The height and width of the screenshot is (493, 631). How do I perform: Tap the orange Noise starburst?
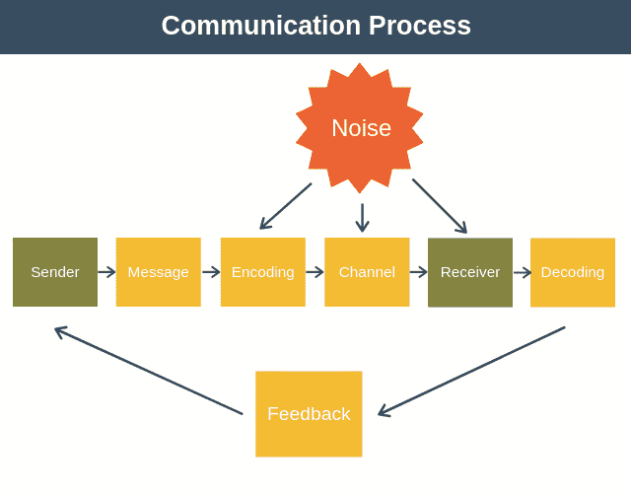(361, 128)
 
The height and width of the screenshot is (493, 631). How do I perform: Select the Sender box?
(55, 272)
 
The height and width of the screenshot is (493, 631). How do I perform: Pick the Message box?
(159, 272)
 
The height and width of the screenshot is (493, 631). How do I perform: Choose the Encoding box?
(262, 272)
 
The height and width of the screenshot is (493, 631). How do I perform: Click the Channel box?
(367, 272)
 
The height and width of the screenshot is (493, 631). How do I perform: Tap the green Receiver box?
(470, 272)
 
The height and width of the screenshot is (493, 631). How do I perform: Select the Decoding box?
(573, 272)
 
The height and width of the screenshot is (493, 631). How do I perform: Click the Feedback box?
(309, 414)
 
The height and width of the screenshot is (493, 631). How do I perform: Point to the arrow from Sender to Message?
(106, 272)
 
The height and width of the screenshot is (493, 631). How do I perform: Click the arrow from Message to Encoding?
(211, 272)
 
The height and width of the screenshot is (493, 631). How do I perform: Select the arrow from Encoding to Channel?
(315, 272)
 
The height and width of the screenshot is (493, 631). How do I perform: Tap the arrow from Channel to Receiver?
(419, 272)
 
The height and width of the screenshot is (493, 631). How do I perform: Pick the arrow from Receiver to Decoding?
(522, 272)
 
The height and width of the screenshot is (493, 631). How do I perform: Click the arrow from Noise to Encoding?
(285, 206)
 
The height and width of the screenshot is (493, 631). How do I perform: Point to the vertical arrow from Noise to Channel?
(362, 217)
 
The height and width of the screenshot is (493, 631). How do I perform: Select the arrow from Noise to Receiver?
(440, 206)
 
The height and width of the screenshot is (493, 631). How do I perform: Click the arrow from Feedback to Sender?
(148, 371)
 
